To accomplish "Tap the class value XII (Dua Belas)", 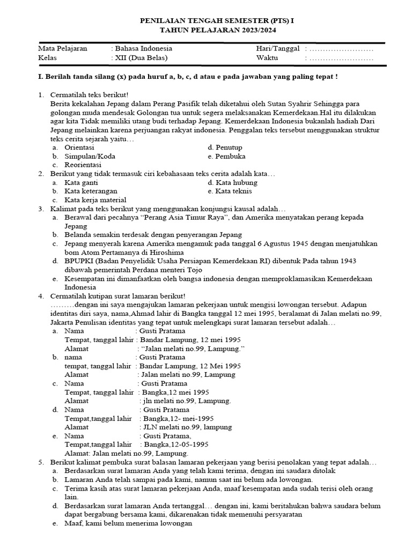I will coord(139,58).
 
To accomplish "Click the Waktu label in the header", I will coord(268,58).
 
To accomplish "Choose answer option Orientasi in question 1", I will coord(79,147).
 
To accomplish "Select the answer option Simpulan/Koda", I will coord(90,156).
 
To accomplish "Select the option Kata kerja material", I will coord(96,200).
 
